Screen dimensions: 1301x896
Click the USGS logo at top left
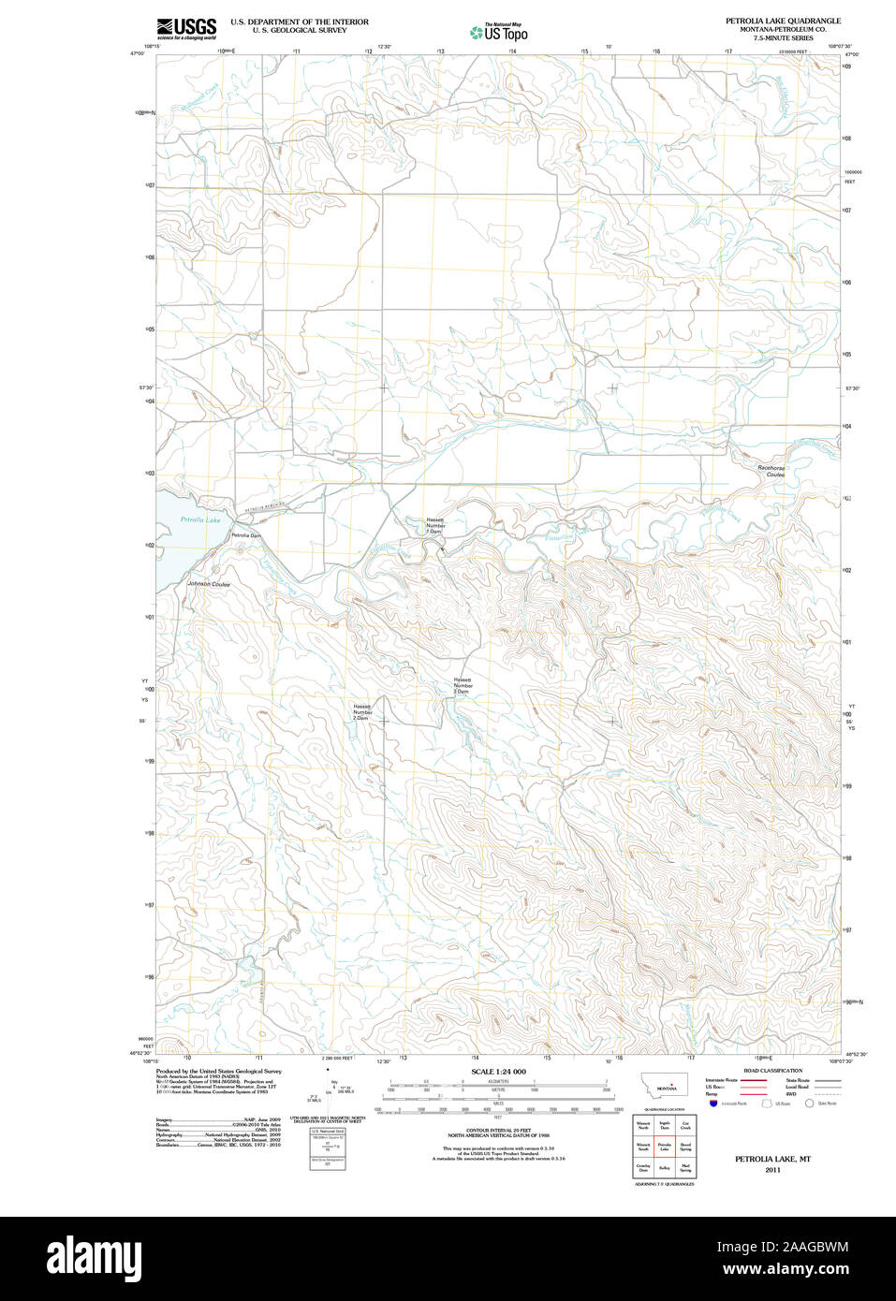coord(186,28)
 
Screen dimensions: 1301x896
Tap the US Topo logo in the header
coord(498,33)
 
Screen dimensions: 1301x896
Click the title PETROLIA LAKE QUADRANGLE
coord(783,21)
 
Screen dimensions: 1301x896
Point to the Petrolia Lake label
coord(200,519)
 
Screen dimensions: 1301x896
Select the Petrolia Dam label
coord(246,535)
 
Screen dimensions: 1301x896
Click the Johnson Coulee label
coord(209,584)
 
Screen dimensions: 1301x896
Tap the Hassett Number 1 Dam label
coord(435,525)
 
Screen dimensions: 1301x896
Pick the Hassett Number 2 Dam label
coord(362,712)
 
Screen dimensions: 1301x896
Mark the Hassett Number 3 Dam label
coord(463,685)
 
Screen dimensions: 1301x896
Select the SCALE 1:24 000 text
coord(498,1072)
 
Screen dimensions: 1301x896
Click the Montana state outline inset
coord(664,1086)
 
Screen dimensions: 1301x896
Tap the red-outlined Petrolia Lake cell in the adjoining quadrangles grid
coord(665,1147)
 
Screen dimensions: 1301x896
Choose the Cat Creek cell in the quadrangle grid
coord(686,1126)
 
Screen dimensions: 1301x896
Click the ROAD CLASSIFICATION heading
coord(772,1071)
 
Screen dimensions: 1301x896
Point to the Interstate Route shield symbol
coord(713,1104)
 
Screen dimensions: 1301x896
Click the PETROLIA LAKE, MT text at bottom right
coord(772,1159)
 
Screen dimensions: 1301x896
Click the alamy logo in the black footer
coord(95,1258)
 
